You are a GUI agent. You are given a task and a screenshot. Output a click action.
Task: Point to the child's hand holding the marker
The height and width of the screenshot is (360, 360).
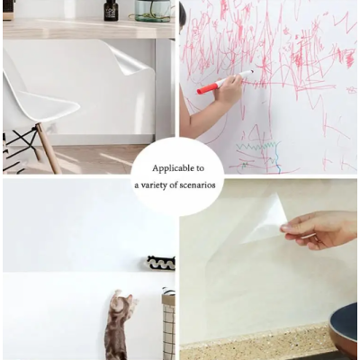coord(230,90)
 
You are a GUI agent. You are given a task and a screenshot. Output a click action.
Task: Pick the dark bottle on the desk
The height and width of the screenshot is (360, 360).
coord(111,11)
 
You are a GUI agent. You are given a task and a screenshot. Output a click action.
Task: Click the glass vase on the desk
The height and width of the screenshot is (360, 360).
coord(152,10)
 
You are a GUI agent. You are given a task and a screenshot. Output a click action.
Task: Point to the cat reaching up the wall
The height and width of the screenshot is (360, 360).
coord(117,326)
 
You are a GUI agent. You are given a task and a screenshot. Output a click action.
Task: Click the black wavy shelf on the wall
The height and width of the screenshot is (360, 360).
coord(161,262)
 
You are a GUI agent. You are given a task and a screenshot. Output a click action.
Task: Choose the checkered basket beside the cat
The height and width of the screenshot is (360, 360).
coord(168,324)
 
